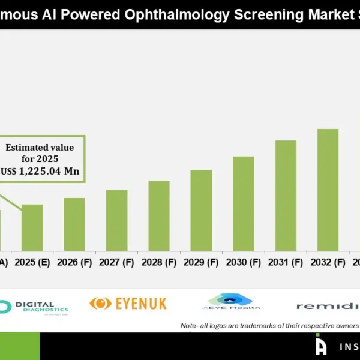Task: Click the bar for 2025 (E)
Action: coord(32,227)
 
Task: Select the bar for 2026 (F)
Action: coord(74,224)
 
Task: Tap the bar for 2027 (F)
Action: coord(116,220)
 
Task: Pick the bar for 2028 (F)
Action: coord(159,215)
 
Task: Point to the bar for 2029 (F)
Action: coord(201,210)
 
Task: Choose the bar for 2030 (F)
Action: coord(244,203)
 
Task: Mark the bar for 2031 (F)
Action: coord(286,196)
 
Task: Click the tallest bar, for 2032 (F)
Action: coord(328,190)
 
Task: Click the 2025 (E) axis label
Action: coord(32,262)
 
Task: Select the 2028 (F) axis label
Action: coord(159,262)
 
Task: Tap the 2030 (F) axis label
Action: coord(244,262)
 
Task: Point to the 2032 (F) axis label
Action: coord(328,262)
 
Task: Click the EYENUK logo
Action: coord(128,304)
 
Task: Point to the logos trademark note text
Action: coord(269,326)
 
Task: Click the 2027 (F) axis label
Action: coord(116,262)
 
